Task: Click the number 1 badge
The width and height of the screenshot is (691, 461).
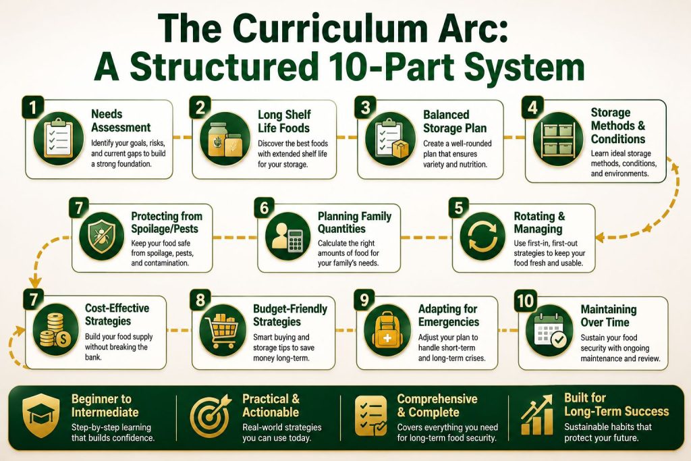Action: (32, 107)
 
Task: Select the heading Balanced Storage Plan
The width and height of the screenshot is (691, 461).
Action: (455, 121)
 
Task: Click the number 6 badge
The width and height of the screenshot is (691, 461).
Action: (264, 208)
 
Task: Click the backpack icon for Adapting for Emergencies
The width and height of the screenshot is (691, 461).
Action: (388, 331)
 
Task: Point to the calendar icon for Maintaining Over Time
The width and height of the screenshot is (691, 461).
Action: (549, 331)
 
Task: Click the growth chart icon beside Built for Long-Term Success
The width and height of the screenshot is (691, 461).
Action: (536, 414)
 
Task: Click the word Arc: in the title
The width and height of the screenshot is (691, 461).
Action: (468, 30)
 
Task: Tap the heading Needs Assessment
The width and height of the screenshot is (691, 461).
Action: (121, 121)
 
